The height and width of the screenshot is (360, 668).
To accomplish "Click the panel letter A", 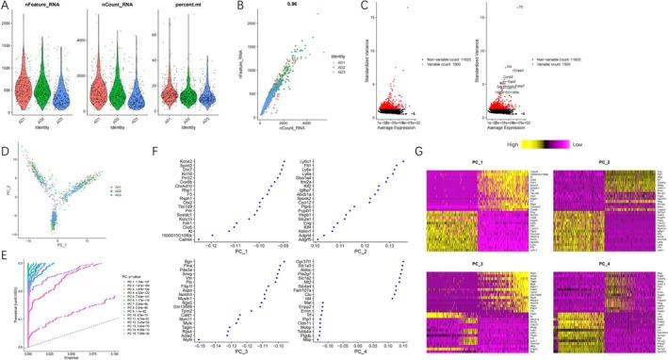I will [x=6, y=7].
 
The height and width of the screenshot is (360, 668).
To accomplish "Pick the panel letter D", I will [x=6, y=145].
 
